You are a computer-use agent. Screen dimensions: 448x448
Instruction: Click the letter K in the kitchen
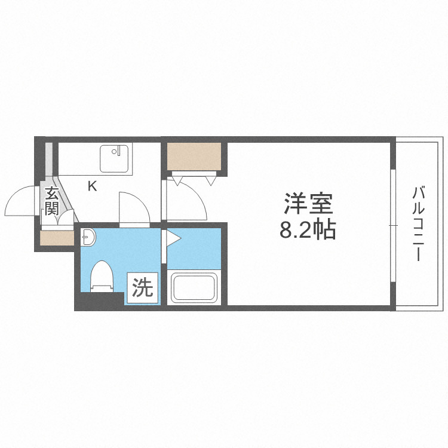(x=92, y=186)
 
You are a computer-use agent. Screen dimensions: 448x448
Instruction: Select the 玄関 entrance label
(x=51, y=201)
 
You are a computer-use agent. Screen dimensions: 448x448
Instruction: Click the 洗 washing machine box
(x=142, y=289)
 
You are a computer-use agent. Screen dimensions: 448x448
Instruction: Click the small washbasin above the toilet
(x=87, y=238)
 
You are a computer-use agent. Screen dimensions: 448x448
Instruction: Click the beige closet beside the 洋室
(x=194, y=157)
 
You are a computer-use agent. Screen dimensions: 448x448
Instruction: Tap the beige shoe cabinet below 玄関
(x=57, y=238)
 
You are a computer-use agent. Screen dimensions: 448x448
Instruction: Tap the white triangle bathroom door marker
(x=172, y=240)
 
